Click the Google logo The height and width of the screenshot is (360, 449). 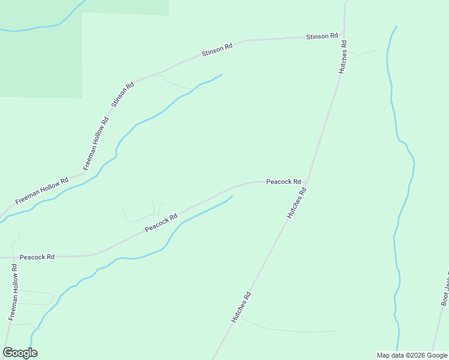pyautogui.click(x=20, y=353)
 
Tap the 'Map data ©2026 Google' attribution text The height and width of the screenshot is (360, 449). pyautogui.click(x=412, y=355)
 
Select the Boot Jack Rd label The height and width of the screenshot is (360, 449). pyautogui.click(x=445, y=288)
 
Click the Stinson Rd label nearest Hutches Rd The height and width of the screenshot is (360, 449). pyautogui.click(x=322, y=37)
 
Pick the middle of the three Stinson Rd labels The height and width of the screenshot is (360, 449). pyautogui.click(x=217, y=49)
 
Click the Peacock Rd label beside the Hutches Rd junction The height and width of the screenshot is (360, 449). pyautogui.click(x=283, y=181)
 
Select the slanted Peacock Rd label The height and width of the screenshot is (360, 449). pyautogui.click(x=161, y=223)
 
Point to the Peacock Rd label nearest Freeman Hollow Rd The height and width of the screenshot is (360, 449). pyautogui.click(x=37, y=257)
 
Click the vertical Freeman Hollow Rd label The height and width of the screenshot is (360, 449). pyautogui.click(x=13, y=291)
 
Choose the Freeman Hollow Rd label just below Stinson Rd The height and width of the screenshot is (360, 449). pyautogui.click(x=96, y=143)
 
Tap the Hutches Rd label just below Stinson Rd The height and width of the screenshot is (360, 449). pyautogui.click(x=343, y=57)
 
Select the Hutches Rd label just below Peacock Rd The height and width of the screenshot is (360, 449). pyautogui.click(x=297, y=203)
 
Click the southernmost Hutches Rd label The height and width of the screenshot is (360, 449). pyautogui.click(x=241, y=307)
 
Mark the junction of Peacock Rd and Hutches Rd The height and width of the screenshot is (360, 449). pyautogui.click(x=308, y=182)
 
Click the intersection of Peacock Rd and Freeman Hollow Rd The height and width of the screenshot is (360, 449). pyautogui.click(x=14, y=257)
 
